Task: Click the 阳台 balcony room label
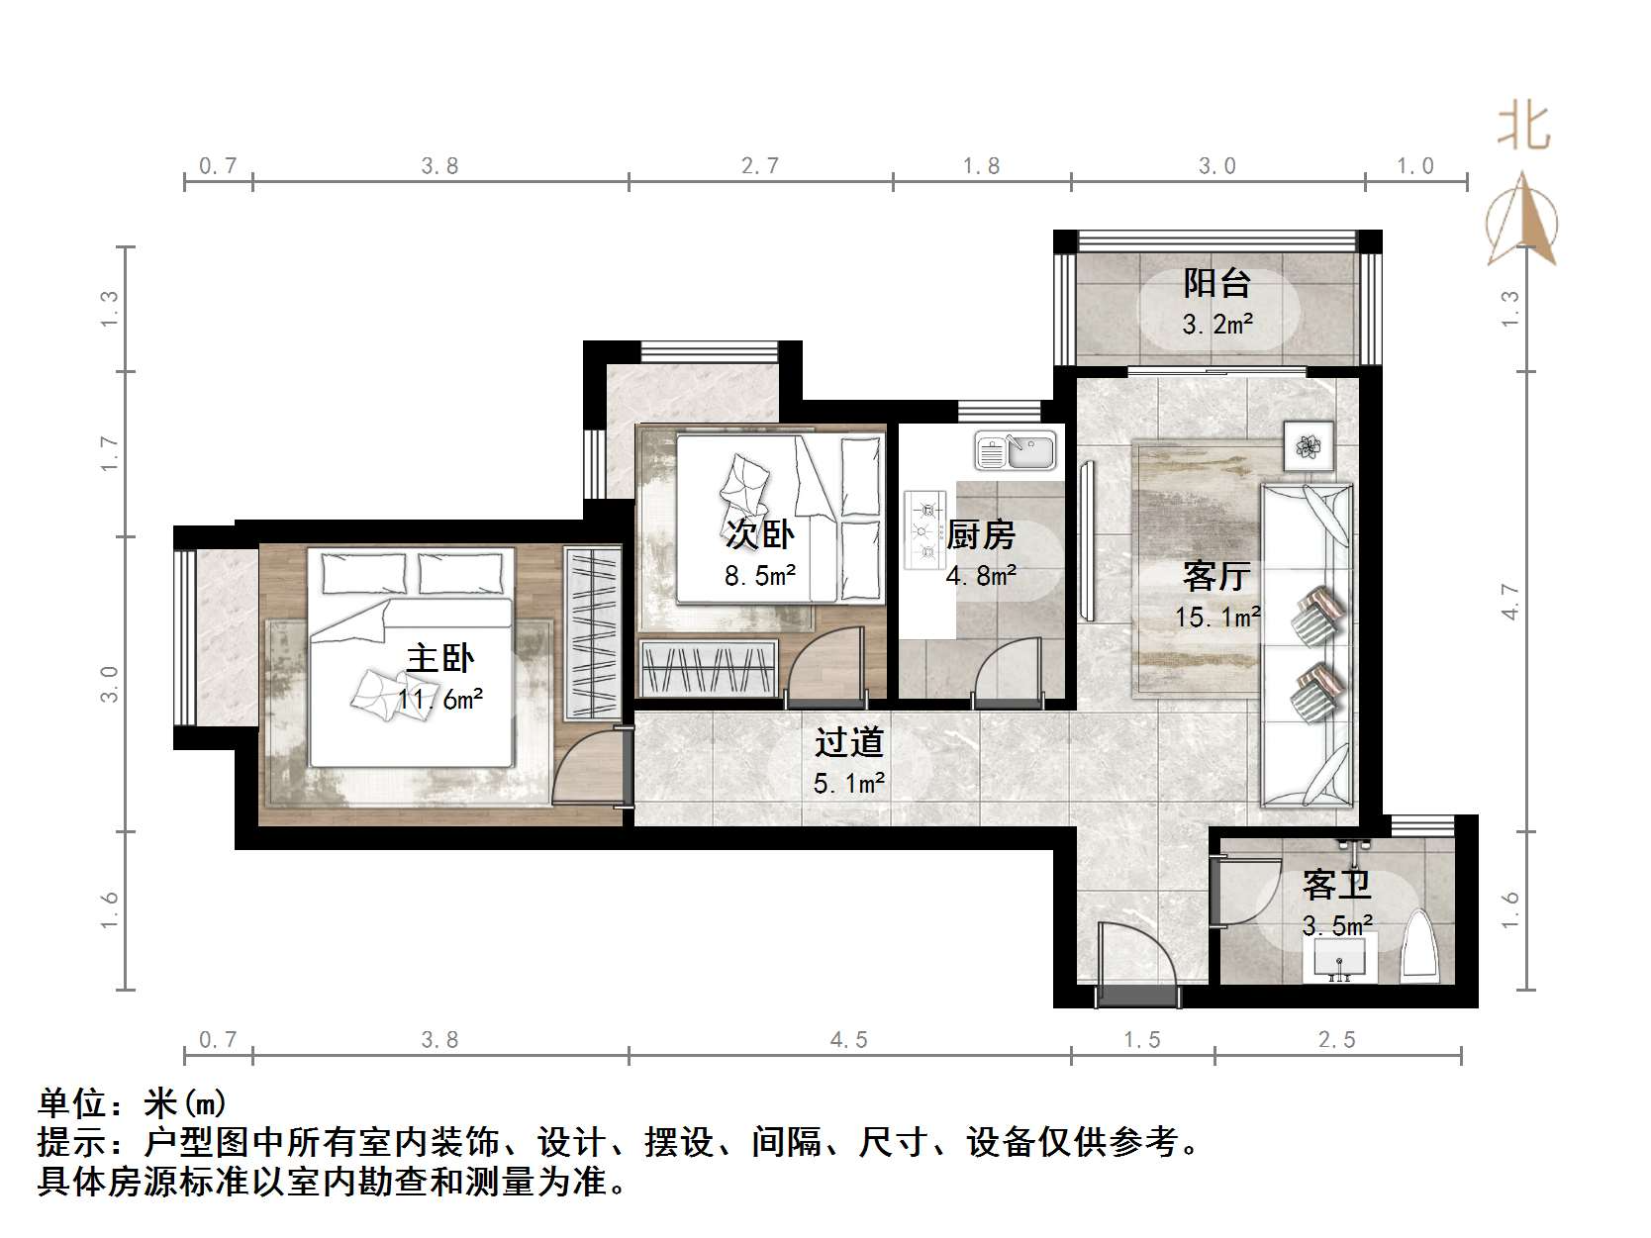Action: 1216,284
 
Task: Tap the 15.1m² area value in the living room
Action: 1216,618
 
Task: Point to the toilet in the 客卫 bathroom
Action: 1420,948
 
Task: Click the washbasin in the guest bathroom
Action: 1339,959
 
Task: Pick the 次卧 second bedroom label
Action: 759,534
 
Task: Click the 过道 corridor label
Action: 848,742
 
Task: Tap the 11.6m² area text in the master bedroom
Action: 440,700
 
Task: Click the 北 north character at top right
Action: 1522,128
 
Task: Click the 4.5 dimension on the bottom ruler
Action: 848,1039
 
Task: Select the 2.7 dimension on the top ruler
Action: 760,165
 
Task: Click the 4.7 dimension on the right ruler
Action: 1508,602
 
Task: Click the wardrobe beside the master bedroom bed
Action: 591,632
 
